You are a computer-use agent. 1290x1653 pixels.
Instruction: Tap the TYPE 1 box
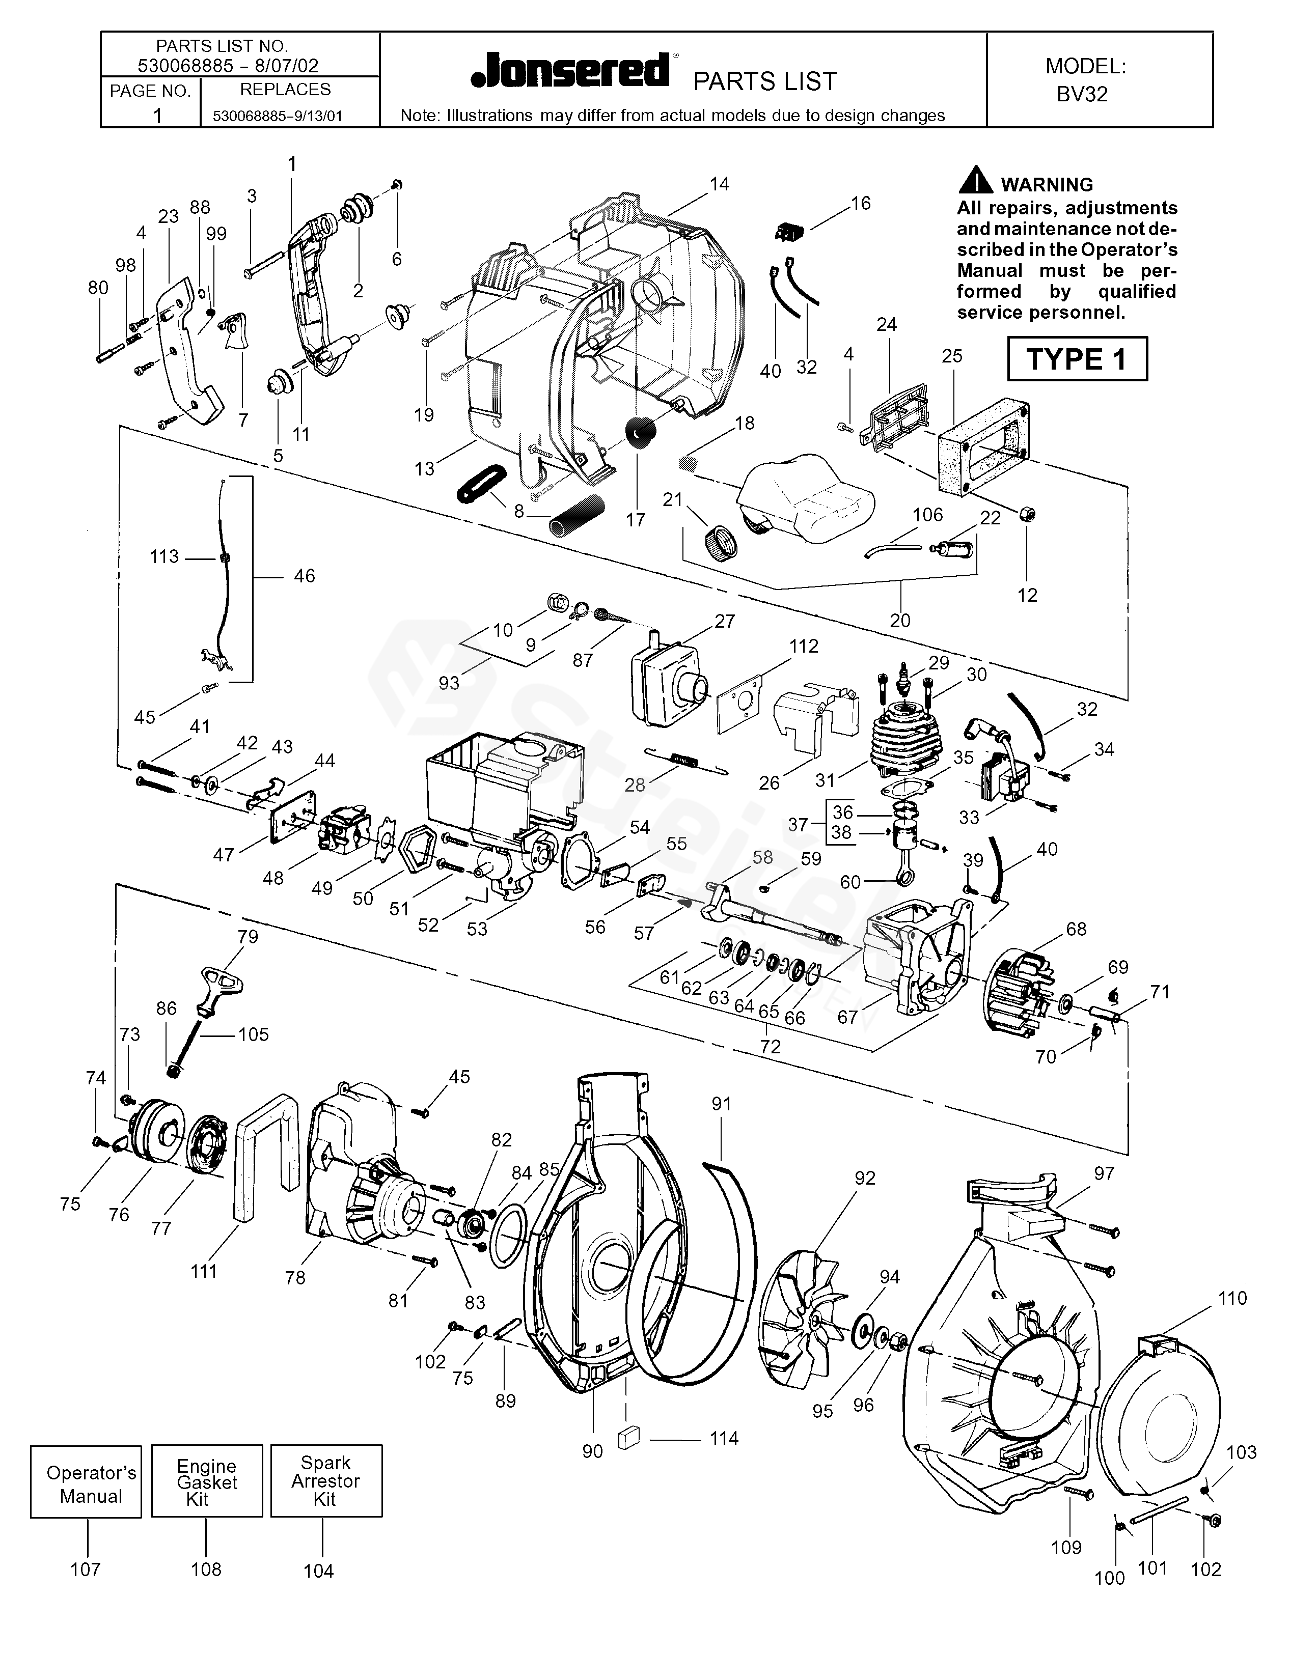coord(1077,359)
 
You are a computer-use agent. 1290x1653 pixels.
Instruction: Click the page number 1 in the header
coord(157,115)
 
